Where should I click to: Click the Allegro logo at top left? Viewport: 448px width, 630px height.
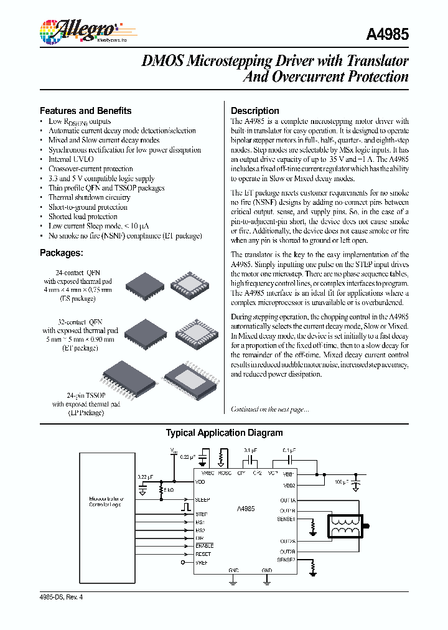(x=78, y=31)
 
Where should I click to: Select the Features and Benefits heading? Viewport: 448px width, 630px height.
(x=85, y=111)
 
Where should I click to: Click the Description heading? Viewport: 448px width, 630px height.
(x=255, y=111)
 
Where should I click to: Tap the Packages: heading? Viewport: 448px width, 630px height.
(x=62, y=253)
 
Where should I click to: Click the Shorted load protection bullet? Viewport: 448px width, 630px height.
(x=83, y=217)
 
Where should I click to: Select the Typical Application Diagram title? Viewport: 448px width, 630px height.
(x=224, y=433)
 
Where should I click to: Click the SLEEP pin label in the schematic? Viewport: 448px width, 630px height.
(x=203, y=500)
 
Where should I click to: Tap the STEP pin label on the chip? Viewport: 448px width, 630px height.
(x=202, y=514)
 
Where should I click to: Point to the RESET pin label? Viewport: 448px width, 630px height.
(x=203, y=554)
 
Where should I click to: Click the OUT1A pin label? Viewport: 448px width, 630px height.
(x=287, y=500)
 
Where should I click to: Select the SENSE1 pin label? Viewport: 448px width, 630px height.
(x=286, y=519)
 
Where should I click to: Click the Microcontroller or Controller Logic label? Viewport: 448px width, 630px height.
(x=106, y=502)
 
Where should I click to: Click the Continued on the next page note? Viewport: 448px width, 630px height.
(x=269, y=409)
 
